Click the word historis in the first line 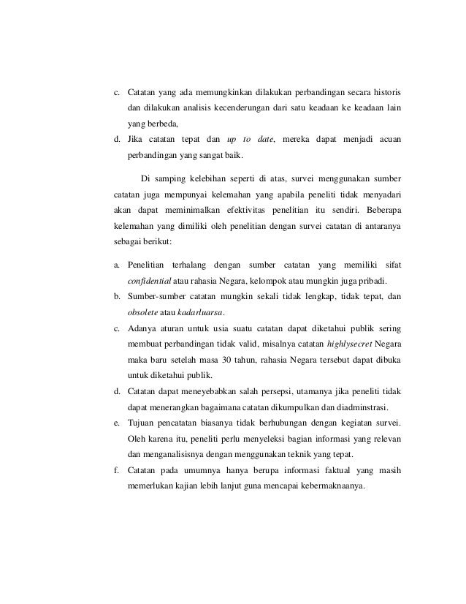[x=383, y=94]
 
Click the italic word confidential [x=149, y=281]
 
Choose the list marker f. [x=118, y=471]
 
